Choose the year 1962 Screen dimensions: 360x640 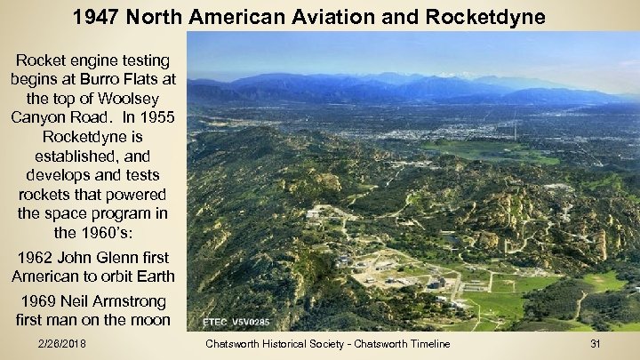coord(38,258)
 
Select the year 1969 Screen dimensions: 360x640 coord(44,300)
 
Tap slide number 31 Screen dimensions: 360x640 coord(596,343)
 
